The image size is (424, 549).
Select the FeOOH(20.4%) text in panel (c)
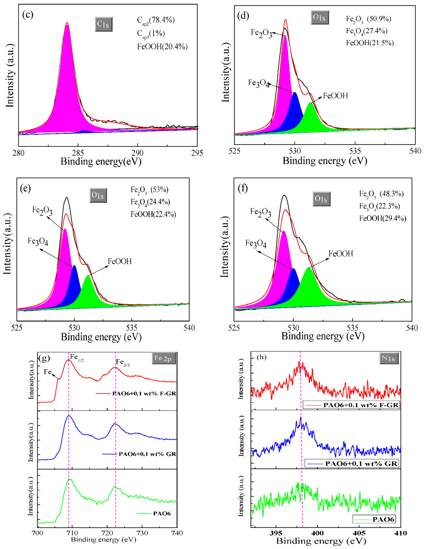pos(162,46)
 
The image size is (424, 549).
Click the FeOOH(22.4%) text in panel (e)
pos(153,214)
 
